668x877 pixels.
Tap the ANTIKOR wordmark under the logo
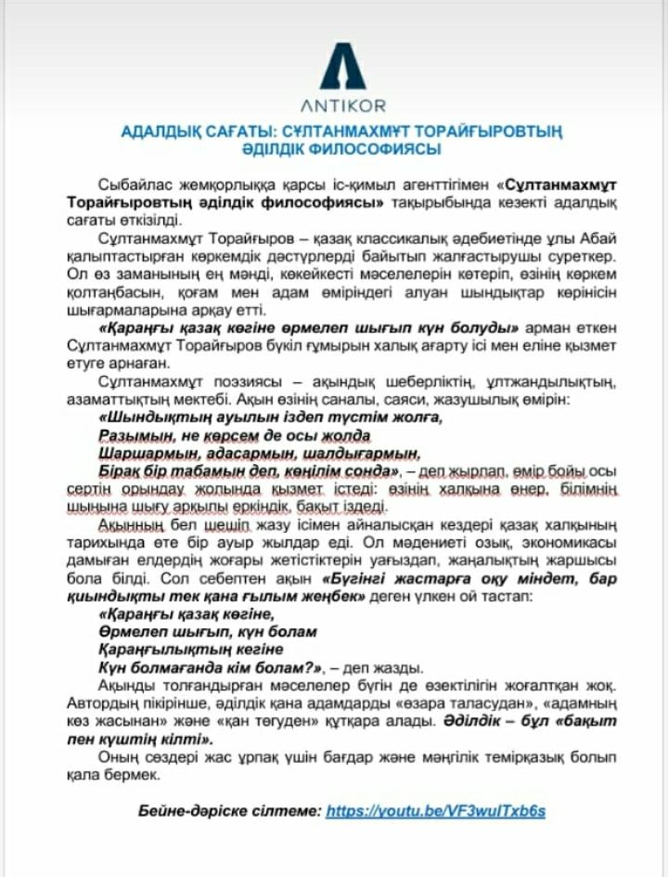click(x=342, y=106)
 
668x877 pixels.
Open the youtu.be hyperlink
click(x=436, y=810)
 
